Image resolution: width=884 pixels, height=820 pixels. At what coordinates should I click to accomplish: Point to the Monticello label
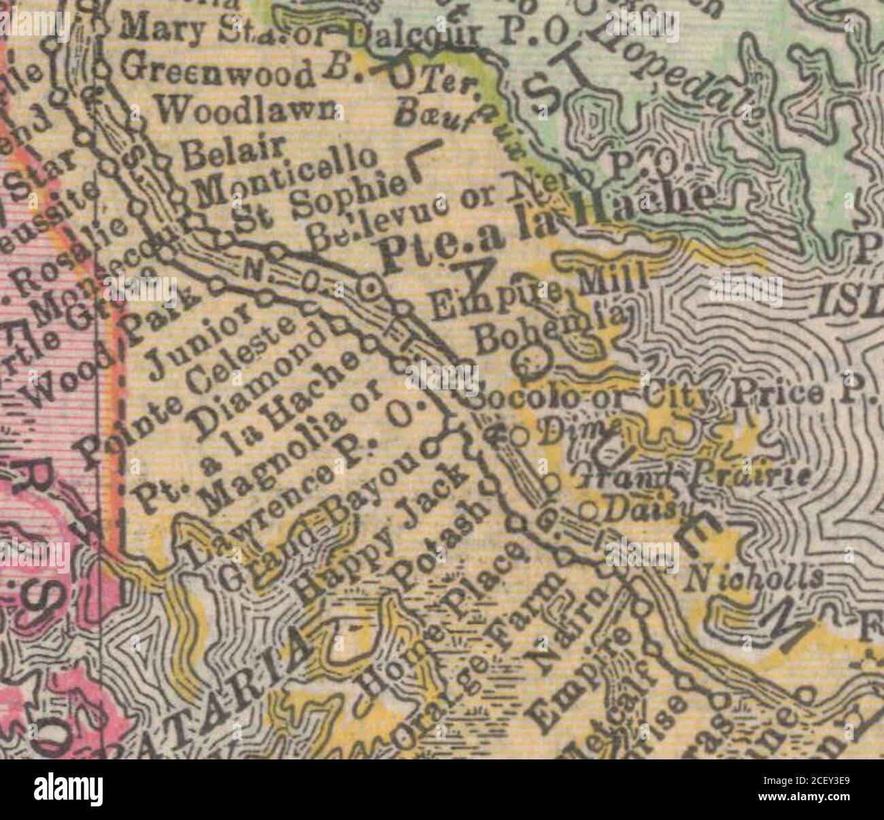point(286,175)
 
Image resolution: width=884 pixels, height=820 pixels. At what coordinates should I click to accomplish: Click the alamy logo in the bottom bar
point(85,789)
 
